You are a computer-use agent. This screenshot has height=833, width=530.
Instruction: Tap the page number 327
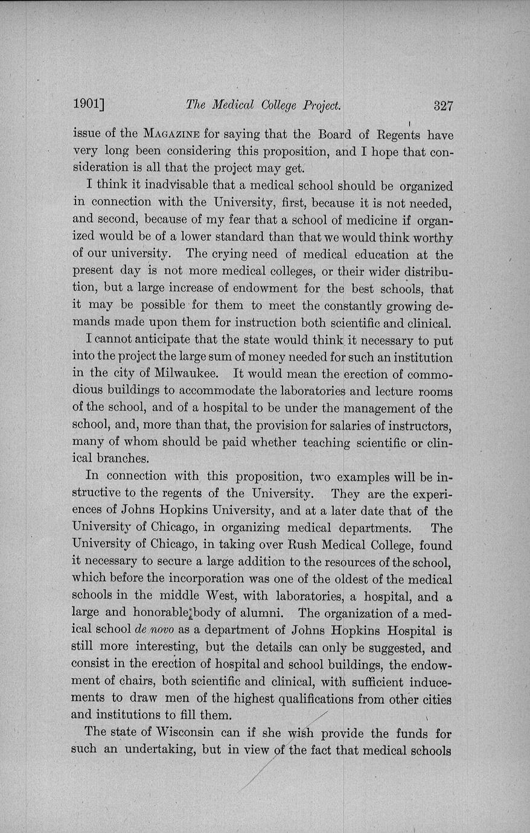click(x=443, y=106)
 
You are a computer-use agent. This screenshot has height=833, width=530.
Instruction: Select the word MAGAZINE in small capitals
click(x=172, y=134)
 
